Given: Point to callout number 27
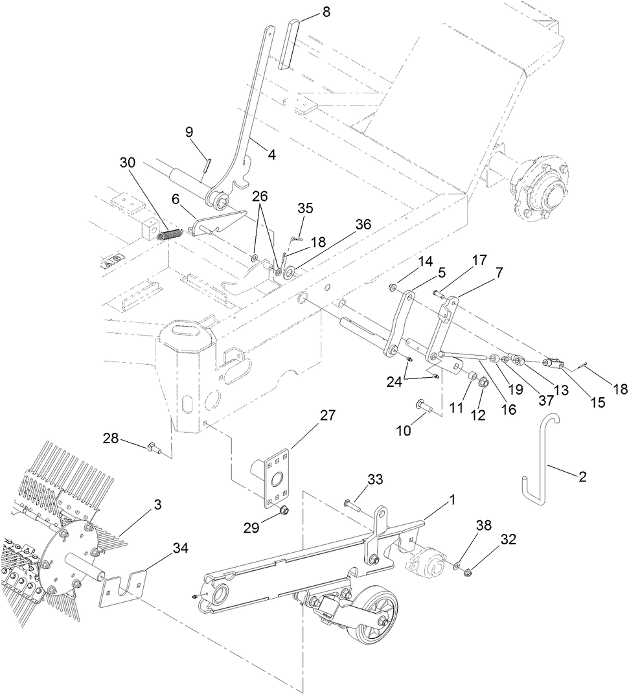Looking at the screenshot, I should pyautogui.click(x=327, y=415).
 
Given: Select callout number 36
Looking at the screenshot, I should pyautogui.click(x=363, y=224).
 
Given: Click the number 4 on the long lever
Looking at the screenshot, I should pyautogui.click(x=271, y=155).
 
